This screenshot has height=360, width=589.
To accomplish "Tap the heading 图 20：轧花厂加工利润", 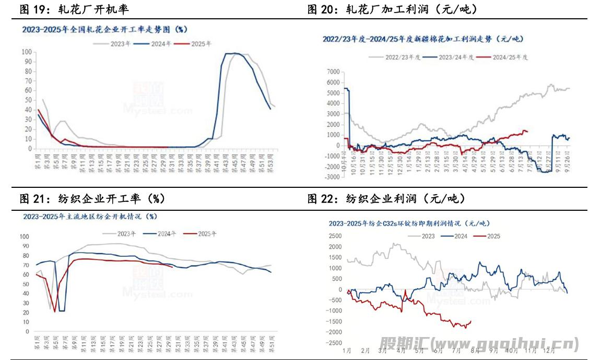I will click(392, 9).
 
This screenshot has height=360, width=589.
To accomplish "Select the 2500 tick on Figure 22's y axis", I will click(334, 236).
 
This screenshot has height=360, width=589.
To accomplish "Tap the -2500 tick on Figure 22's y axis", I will click(333, 343).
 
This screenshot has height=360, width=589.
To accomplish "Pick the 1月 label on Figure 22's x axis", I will click(347, 351).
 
